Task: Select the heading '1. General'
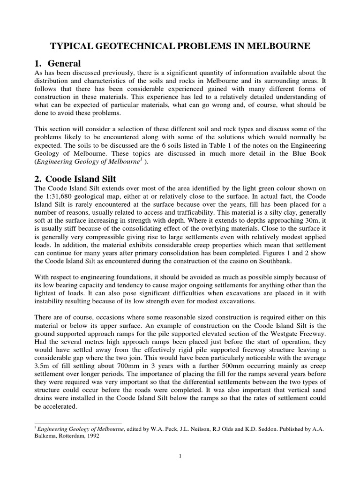pyautogui.click(x=58, y=63)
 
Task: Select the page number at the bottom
pyautogui.click(x=180, y=457)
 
